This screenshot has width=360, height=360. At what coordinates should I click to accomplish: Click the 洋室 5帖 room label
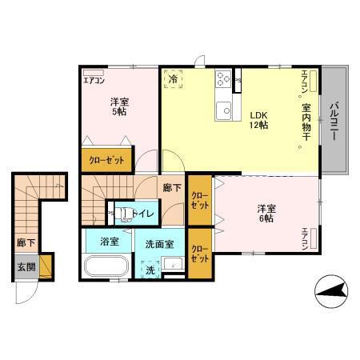point(118,107)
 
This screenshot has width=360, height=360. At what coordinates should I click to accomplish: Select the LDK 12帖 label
point(257,119)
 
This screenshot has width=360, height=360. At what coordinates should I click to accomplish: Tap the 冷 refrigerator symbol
point(174,79)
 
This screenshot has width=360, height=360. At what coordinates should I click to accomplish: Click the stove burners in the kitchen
point(222,78)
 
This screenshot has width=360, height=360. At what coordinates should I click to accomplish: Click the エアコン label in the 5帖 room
point(94,80)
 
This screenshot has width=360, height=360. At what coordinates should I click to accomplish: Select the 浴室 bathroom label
point(110,241)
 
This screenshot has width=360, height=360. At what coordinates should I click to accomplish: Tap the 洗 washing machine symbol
point(150,270)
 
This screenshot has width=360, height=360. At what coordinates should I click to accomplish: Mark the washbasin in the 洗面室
point(178,265)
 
